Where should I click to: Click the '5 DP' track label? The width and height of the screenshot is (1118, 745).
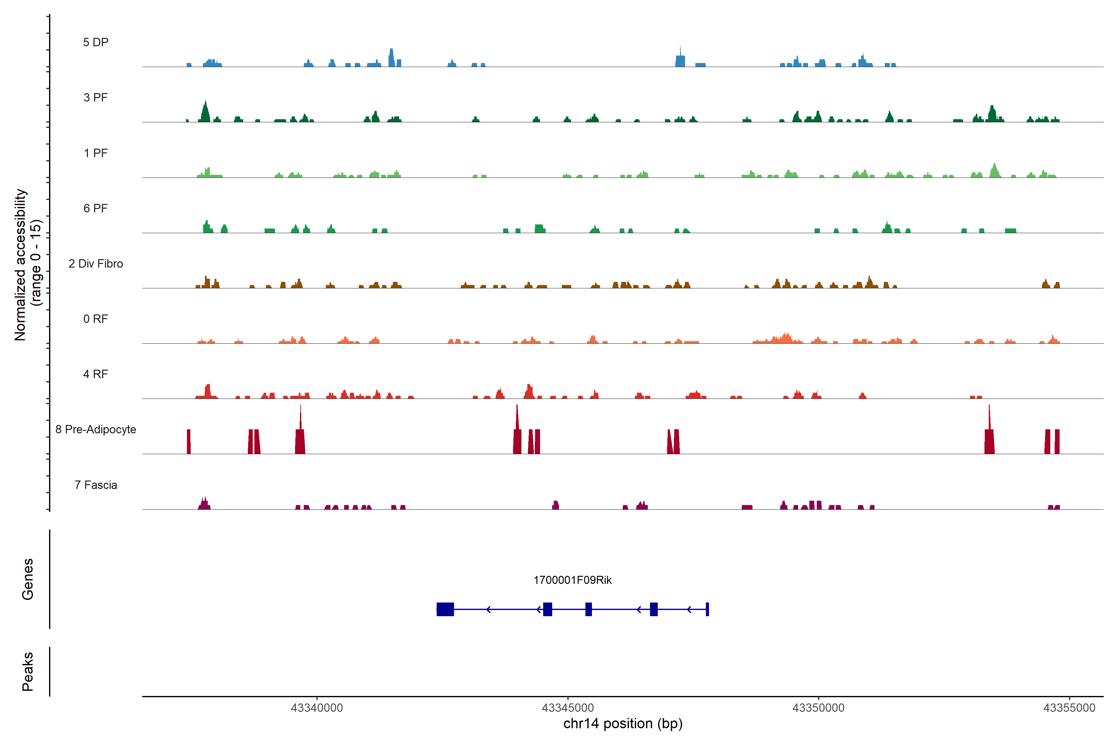(x=96, y=42)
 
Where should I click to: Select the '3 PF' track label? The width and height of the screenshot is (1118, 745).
(x=96, y=97)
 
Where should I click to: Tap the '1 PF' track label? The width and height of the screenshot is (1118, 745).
(x=96, y=153)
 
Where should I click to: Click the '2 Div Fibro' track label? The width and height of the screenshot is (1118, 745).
(x=96, y=264)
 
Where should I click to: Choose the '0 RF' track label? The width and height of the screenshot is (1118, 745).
(x=96, y=319)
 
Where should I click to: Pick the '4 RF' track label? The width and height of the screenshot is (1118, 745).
(x=96, y=374)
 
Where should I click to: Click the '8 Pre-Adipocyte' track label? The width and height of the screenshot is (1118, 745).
(x=96, y=430)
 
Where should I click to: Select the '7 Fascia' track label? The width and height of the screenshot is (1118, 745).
(x=96, y=485)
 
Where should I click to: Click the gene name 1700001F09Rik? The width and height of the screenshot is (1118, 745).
(x=572, y=580)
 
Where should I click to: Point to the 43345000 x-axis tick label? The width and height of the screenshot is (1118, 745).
(x=568, y=708)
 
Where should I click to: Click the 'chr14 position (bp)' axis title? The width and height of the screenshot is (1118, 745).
(x=623, y=724)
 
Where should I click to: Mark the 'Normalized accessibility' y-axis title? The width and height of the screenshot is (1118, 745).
(x=20, y=265)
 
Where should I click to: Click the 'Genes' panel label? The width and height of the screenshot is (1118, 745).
(x=28, y=579)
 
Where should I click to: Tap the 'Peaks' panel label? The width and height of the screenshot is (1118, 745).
(x=28, y=671)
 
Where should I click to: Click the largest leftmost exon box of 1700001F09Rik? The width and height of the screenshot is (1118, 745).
(x=445, y=609)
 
